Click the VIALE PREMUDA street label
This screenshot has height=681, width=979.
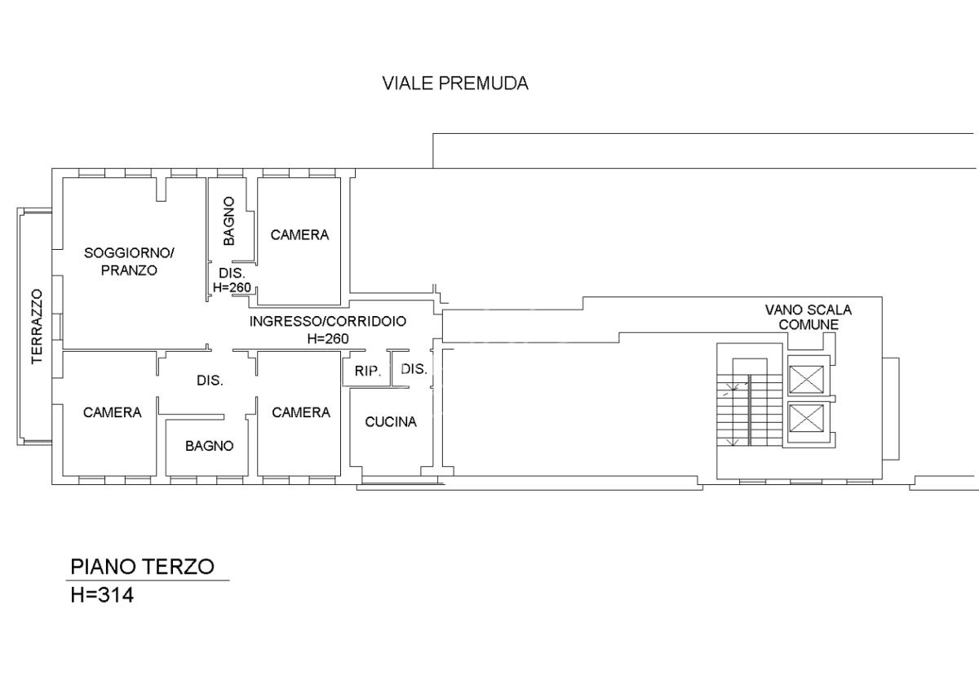point(455,83)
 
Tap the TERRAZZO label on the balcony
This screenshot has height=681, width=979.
point(38,327)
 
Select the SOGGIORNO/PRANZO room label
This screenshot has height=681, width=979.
point(129,261)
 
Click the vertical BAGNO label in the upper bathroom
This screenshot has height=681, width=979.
point(228,221)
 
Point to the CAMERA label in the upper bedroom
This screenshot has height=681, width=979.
point(299,235)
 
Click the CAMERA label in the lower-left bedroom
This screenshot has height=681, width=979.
point(113,412)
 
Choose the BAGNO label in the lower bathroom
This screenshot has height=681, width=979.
point(210,446)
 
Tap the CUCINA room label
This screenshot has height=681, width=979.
point(391,422)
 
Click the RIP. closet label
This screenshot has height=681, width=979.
point(368,372)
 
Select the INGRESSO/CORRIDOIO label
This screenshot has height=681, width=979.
point(328,322)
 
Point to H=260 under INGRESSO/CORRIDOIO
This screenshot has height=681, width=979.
point(328,339)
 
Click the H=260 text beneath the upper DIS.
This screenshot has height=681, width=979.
point(232,287)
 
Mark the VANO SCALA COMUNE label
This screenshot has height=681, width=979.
point(808,317)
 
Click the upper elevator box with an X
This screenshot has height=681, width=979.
point(806,380)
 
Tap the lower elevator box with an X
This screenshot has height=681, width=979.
point(806,417)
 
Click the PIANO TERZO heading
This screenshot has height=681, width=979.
point(143,567)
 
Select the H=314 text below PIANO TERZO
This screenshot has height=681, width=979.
point(102,595)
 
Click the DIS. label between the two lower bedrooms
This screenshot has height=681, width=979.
point(210,381)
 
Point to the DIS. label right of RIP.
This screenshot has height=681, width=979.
point(414,369)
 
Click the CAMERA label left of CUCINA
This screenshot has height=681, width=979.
point(301,412)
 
